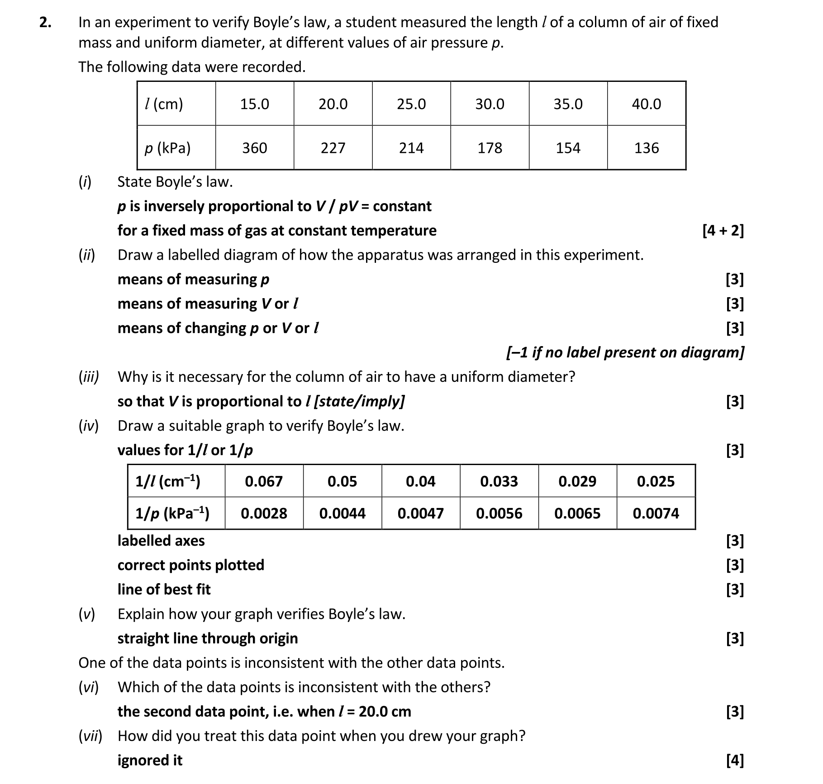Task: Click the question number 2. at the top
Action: click(45, 23)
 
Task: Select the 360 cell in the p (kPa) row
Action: click(254, 148)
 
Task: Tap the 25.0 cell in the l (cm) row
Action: click(411, 104)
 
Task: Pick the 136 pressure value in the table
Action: click(646, 148)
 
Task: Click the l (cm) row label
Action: click(164, 104)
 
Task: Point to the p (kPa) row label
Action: click(167, 148)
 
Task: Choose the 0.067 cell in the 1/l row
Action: click(264, 481)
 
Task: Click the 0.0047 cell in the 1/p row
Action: click(420, 513)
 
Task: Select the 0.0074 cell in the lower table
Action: click(656, 513)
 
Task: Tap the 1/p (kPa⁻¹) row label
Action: click(172, 513)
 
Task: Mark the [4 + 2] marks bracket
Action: click(723, 231)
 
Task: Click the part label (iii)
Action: click(89, 377)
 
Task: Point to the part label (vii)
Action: click(90, 736)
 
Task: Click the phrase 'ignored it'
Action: click(150, 760)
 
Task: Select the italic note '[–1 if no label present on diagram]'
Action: click(625, 352)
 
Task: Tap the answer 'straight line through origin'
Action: click(208, 638)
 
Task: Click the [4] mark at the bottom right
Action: click(734, 760)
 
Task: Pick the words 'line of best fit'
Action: click(164, 589)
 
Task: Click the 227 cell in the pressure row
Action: click(333, 148)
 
